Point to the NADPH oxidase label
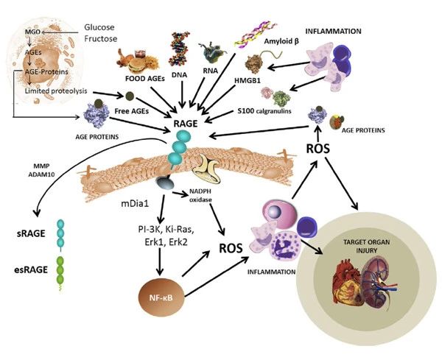tap(204, 201)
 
